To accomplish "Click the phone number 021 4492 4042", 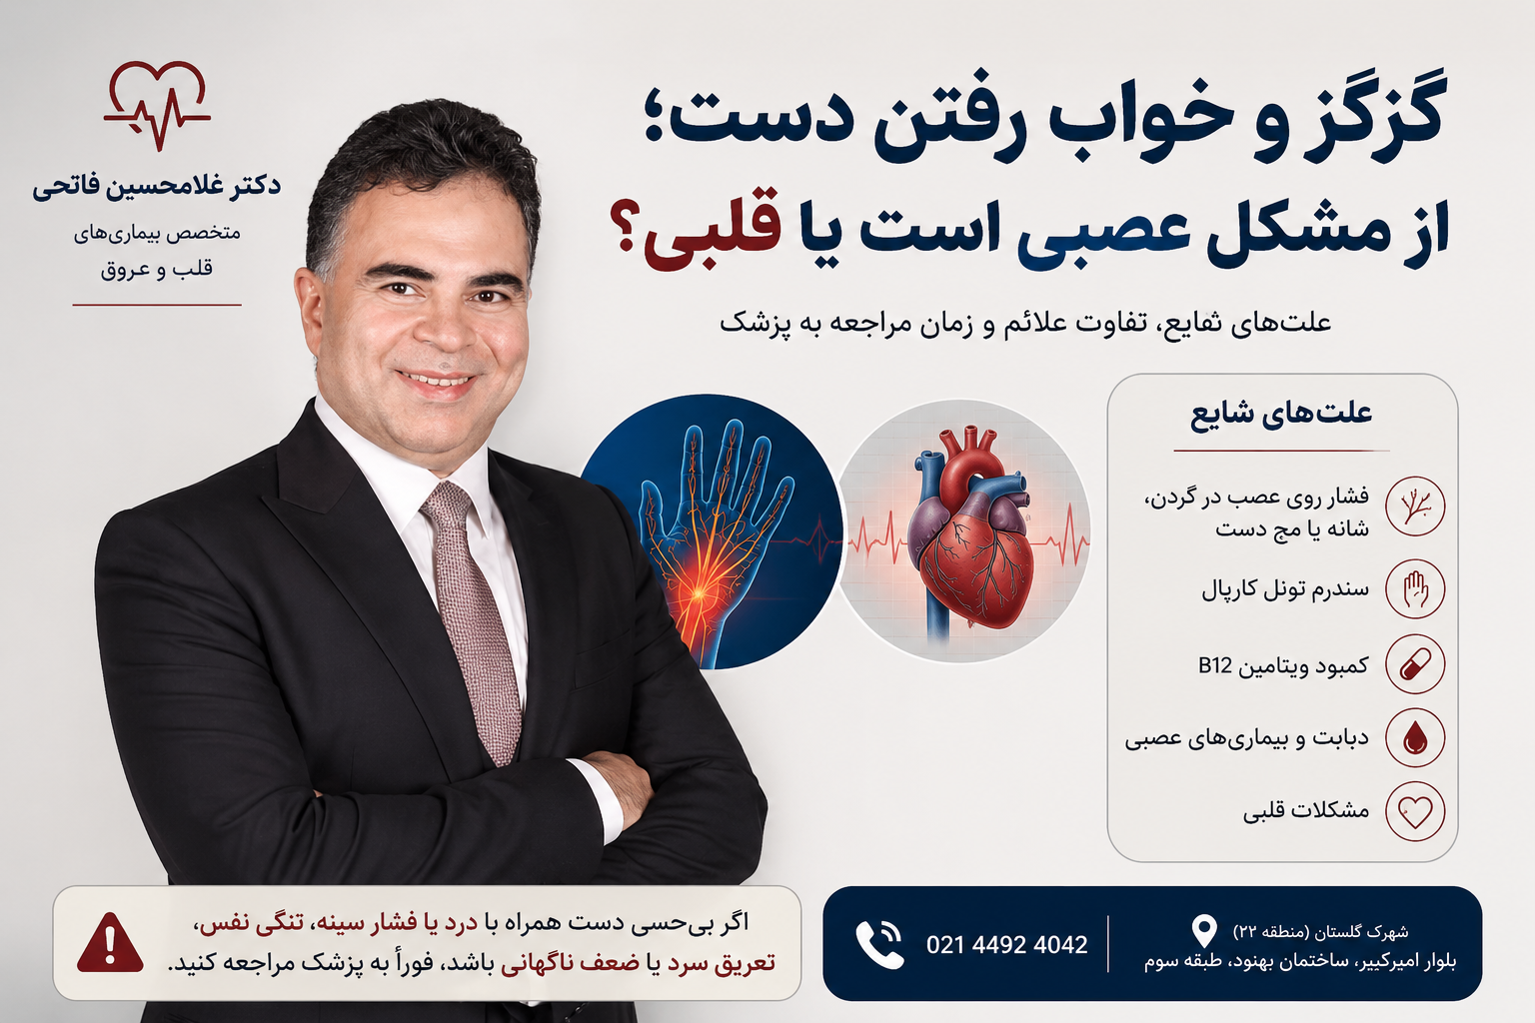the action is (x=1006, y=945).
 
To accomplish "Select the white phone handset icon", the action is (x=879, y=945).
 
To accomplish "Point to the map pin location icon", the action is (x=1204, y=931).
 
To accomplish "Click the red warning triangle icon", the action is (x=110, y=943).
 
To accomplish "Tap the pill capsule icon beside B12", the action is (x=1415, y=664).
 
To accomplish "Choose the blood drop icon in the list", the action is (x=1415, y=738).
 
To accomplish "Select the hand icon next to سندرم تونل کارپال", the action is (x=1415, y=589).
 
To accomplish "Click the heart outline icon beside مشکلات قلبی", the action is (x=1415, y=812).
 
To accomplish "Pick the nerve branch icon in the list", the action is (x=1415, y=507).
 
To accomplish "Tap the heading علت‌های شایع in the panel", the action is (x=1281, y=415).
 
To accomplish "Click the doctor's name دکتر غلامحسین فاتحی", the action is (x=157, y=186).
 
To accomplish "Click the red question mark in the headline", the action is (x=625, y=232).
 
